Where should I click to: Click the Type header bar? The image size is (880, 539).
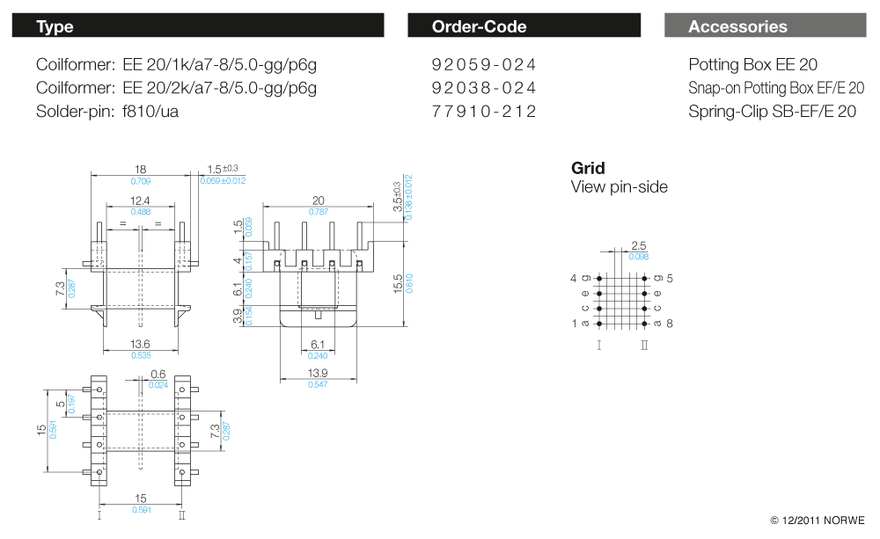pos(197,26)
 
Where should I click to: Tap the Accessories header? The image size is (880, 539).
pos(765,26)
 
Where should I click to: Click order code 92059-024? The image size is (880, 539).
pos(484,65)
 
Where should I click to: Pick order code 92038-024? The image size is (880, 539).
pos(484,88)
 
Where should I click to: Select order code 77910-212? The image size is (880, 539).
pos(484,112)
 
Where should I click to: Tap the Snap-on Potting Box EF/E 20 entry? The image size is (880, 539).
pos(775,88)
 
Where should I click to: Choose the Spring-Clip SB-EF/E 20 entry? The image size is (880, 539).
pos(772,112)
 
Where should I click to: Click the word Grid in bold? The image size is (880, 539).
pos(588,168)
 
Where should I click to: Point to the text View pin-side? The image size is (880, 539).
pos(619,187)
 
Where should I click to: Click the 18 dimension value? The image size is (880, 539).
pos(140,170)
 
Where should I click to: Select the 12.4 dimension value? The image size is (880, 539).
pos(140,201)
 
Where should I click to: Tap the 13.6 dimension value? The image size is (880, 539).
pos(140,344)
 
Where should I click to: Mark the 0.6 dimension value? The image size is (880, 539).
pos(158,374)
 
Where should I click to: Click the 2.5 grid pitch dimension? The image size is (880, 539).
pos(639,246)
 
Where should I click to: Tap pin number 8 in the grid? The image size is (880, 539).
pos(670,324)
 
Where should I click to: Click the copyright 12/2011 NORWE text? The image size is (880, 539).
pos(817,521)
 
